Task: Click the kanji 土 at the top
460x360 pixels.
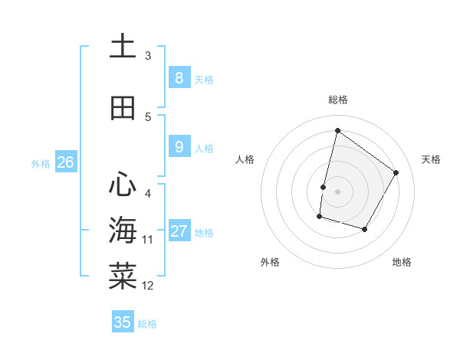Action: coord(123,47)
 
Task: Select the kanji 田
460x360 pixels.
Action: coord(123,108)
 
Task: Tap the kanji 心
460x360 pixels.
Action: coord(123,184)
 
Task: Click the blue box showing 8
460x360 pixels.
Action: coord(179,78)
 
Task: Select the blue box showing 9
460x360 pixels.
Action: coord(179,147)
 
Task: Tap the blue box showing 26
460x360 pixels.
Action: coord(66,162)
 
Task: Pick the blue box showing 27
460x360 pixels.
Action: coord(179,231)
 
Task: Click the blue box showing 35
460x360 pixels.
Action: coord(123,322)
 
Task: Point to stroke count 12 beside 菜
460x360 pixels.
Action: coord(148,286)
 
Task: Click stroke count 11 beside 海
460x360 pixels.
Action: coord(148,240)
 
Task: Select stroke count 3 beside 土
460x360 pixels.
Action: coord(148,56)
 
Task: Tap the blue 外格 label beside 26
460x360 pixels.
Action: coord(41,163)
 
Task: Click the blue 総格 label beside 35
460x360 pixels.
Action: coord(147,324)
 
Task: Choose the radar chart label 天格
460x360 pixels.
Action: coord(431,159)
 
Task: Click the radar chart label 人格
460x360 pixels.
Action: coord(245,159)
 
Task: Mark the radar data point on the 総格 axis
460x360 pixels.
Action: coord(337,130)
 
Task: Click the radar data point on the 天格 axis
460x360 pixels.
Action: coord(396,172)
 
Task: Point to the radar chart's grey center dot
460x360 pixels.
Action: coord(337,191)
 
